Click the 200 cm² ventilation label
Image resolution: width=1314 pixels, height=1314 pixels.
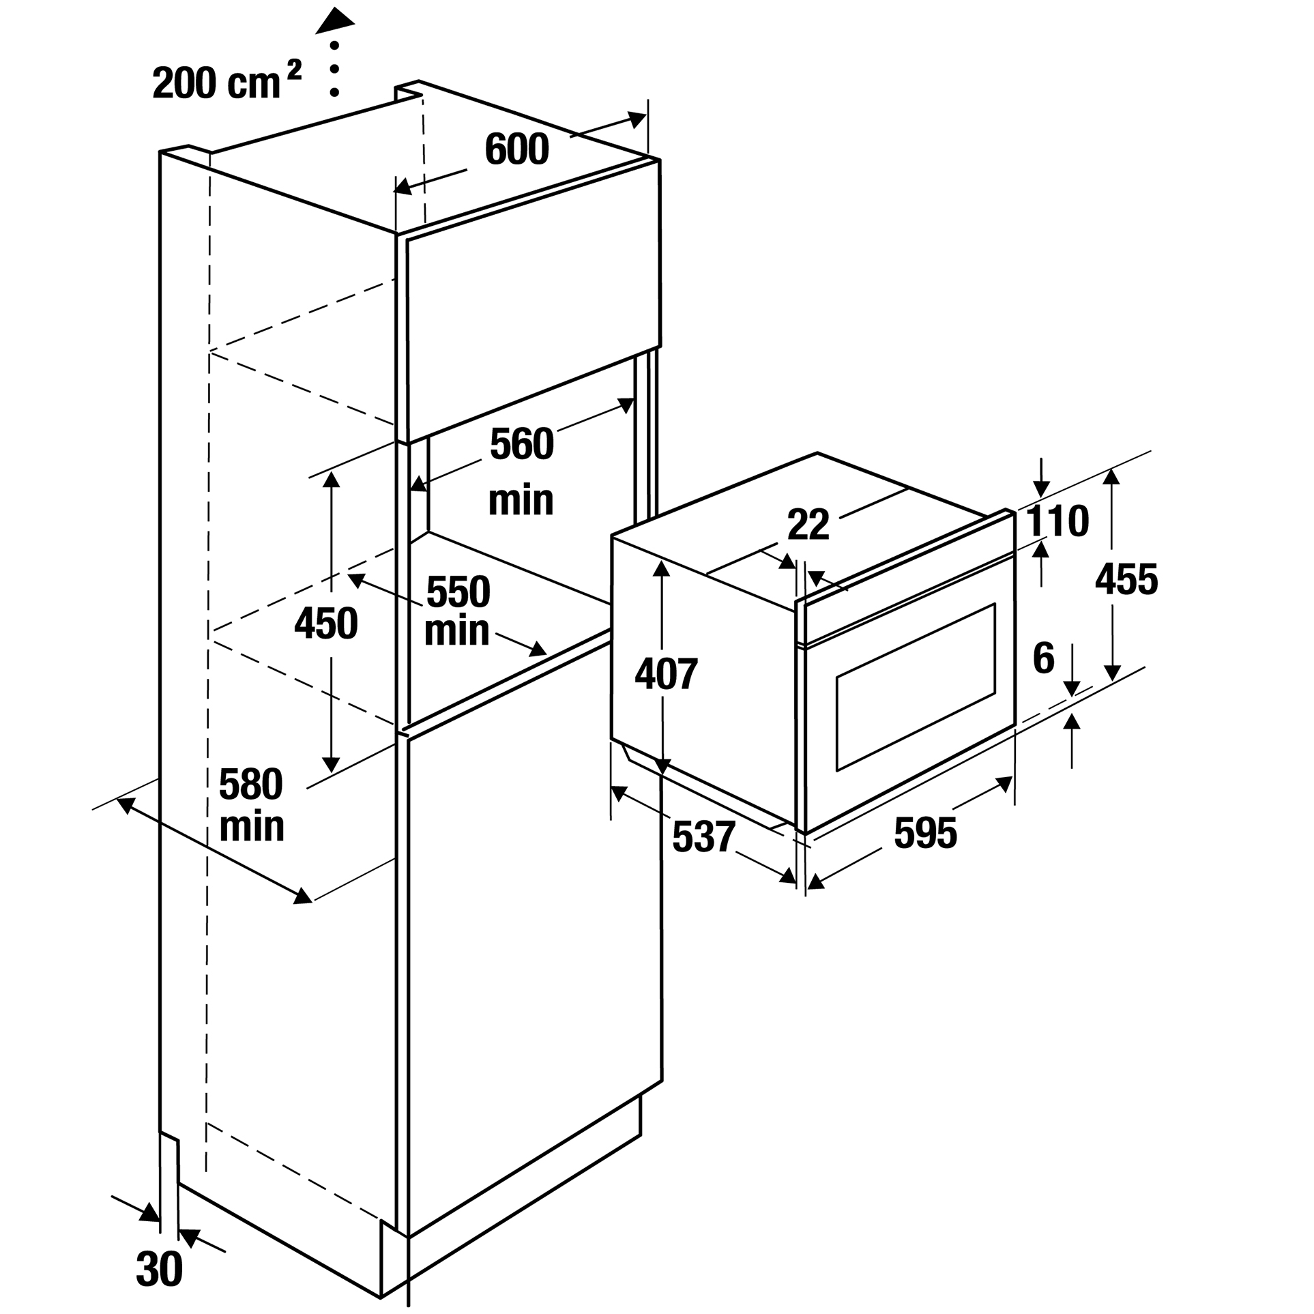pos(227,81)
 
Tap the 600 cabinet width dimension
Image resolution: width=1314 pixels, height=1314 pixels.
pos(516,149)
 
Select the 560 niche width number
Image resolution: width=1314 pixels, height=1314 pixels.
pos(522,444)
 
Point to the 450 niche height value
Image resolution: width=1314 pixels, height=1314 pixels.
pos(326,624)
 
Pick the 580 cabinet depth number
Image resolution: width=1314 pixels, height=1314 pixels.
pos(250,785)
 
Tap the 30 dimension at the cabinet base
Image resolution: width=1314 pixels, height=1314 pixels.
pos(159,1270)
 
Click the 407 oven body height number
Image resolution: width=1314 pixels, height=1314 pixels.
pos(666,674)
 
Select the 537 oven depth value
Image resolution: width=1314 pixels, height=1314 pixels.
pos(703,836)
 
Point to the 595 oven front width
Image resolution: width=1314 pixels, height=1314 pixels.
pos(925,833)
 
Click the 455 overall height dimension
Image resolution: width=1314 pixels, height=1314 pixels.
pos(1126,580)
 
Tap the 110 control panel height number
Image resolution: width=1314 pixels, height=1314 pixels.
pos(1057,521)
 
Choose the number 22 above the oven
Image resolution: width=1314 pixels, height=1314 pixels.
pos(808,525)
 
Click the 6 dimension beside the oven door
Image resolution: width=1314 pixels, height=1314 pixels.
pos(1044,658)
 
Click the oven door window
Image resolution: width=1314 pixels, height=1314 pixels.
pos(916,687)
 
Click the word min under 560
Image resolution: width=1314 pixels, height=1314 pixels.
pos(521,501)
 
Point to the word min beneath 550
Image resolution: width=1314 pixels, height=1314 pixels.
pos(456,632)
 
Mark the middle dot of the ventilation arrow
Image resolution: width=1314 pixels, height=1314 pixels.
pos(334,69)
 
